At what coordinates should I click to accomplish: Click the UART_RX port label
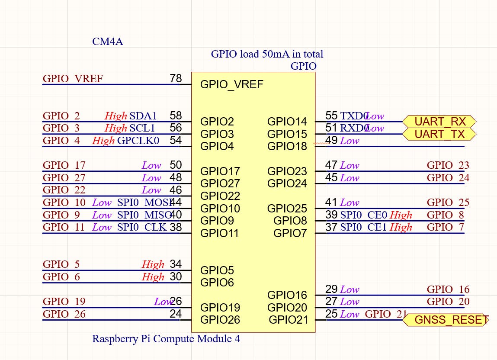tap(439, 122)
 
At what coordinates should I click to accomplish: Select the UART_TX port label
tap(439, 134)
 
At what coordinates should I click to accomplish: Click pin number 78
tap(176, 78)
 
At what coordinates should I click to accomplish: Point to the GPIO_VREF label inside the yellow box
tap(231, 84)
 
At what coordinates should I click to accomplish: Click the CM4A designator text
tap(108, 42)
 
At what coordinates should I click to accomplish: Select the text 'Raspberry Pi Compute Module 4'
tap(166, 338)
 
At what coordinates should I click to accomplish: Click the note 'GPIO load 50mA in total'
tap(267, 54)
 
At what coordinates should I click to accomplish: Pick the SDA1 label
tap(143, 116)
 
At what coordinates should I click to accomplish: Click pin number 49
tap(331, 141)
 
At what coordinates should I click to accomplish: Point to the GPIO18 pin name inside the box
tap(287, 146)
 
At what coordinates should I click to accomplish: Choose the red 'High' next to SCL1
tap(116, 128)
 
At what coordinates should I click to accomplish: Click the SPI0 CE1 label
tap(363, 227)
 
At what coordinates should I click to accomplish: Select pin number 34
tap(176, 264)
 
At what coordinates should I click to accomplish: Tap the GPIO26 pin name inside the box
tap(220, 320)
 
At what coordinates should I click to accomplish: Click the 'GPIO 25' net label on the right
tap(448, 202)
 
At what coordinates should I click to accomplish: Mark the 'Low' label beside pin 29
tap(350, 289)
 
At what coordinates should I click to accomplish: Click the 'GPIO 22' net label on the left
tap(64, 190)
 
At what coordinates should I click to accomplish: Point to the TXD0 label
tap(353, 116)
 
